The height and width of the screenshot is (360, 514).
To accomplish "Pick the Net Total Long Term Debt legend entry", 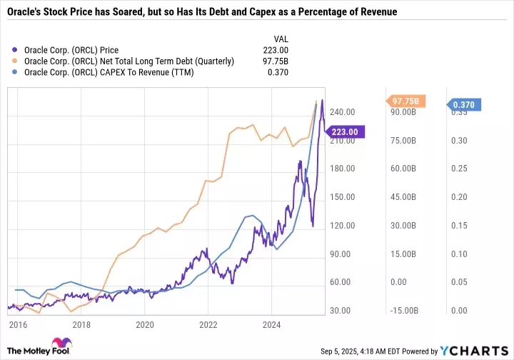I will [x=128, y=61].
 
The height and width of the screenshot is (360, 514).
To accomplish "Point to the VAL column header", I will [x=282, y=38].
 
